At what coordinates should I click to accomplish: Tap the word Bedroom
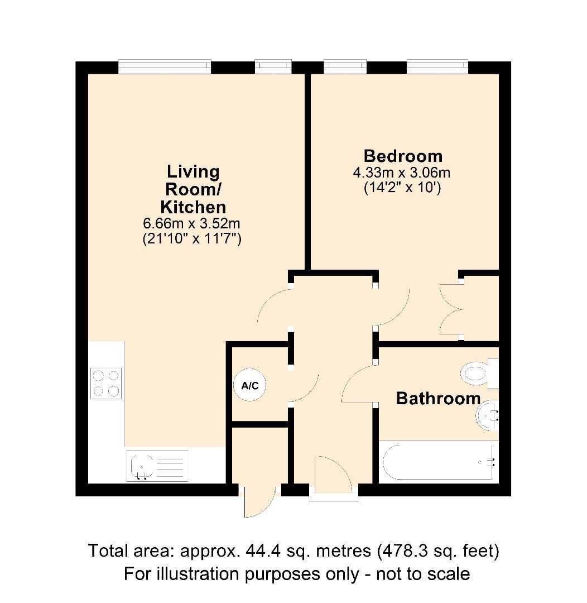403,156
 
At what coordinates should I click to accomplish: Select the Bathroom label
438,399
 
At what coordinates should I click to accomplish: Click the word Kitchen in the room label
193,207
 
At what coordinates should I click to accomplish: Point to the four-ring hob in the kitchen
106,384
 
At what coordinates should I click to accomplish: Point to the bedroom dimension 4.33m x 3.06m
402,173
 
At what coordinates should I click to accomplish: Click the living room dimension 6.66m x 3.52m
193,224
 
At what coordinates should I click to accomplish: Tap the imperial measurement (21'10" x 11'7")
193,240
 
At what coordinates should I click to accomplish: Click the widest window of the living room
165,67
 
